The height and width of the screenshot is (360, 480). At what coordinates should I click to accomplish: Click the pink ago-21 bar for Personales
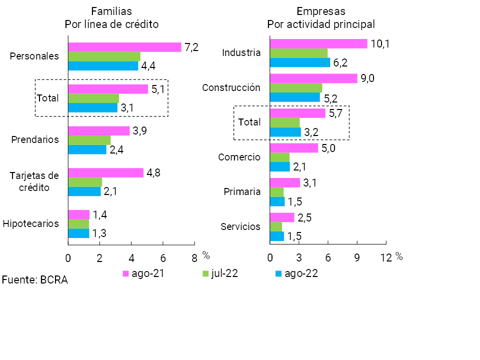(x=124, y=47)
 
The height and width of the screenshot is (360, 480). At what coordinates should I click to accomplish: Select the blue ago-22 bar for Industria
(x=300, y=62)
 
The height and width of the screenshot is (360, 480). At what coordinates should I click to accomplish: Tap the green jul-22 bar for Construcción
(x=295, y=88)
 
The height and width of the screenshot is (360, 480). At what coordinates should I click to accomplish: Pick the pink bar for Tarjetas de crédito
(x=105, y=173)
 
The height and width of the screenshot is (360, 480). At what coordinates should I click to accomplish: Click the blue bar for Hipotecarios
(x=78, y=233)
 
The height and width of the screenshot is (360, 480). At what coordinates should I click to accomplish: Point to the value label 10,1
(x=380, y=43)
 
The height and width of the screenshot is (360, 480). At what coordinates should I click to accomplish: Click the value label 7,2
(x=191, y=47)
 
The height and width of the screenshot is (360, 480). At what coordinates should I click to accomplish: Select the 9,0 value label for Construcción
(x=367, y=78)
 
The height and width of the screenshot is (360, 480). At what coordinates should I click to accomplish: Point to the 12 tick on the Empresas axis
(x=386, y=258)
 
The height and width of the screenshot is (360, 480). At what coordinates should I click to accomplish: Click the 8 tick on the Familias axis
(x=194, y=258)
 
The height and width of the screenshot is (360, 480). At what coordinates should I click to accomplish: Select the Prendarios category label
(x=35, y=139)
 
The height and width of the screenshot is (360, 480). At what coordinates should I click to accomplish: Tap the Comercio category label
(x=239, y=157)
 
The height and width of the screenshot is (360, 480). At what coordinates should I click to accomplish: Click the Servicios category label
(x=240, y=226)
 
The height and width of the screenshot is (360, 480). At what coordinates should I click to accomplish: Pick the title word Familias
(x=111, y=11)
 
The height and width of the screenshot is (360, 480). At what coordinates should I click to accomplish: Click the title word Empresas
(x=321, y=11)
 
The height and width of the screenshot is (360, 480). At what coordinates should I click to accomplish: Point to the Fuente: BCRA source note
(x=34, y=280)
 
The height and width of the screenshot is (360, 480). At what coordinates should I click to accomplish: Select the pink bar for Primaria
(x=284, y=183)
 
